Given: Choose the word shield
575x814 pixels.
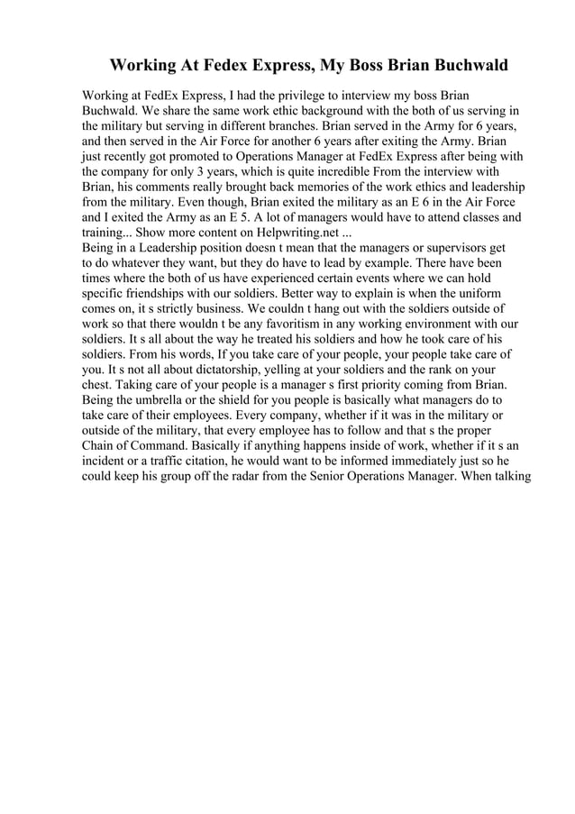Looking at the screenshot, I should (x=249, y=398).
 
